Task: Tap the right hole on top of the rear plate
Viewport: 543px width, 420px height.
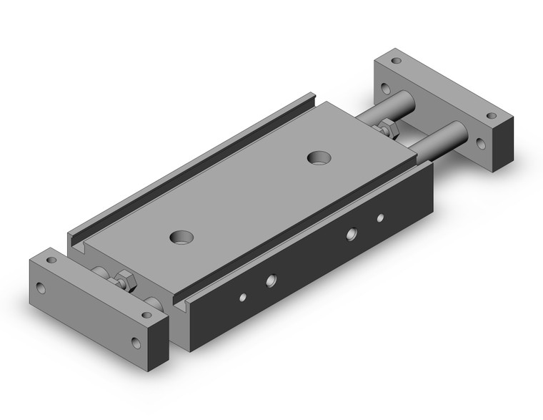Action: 492,114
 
